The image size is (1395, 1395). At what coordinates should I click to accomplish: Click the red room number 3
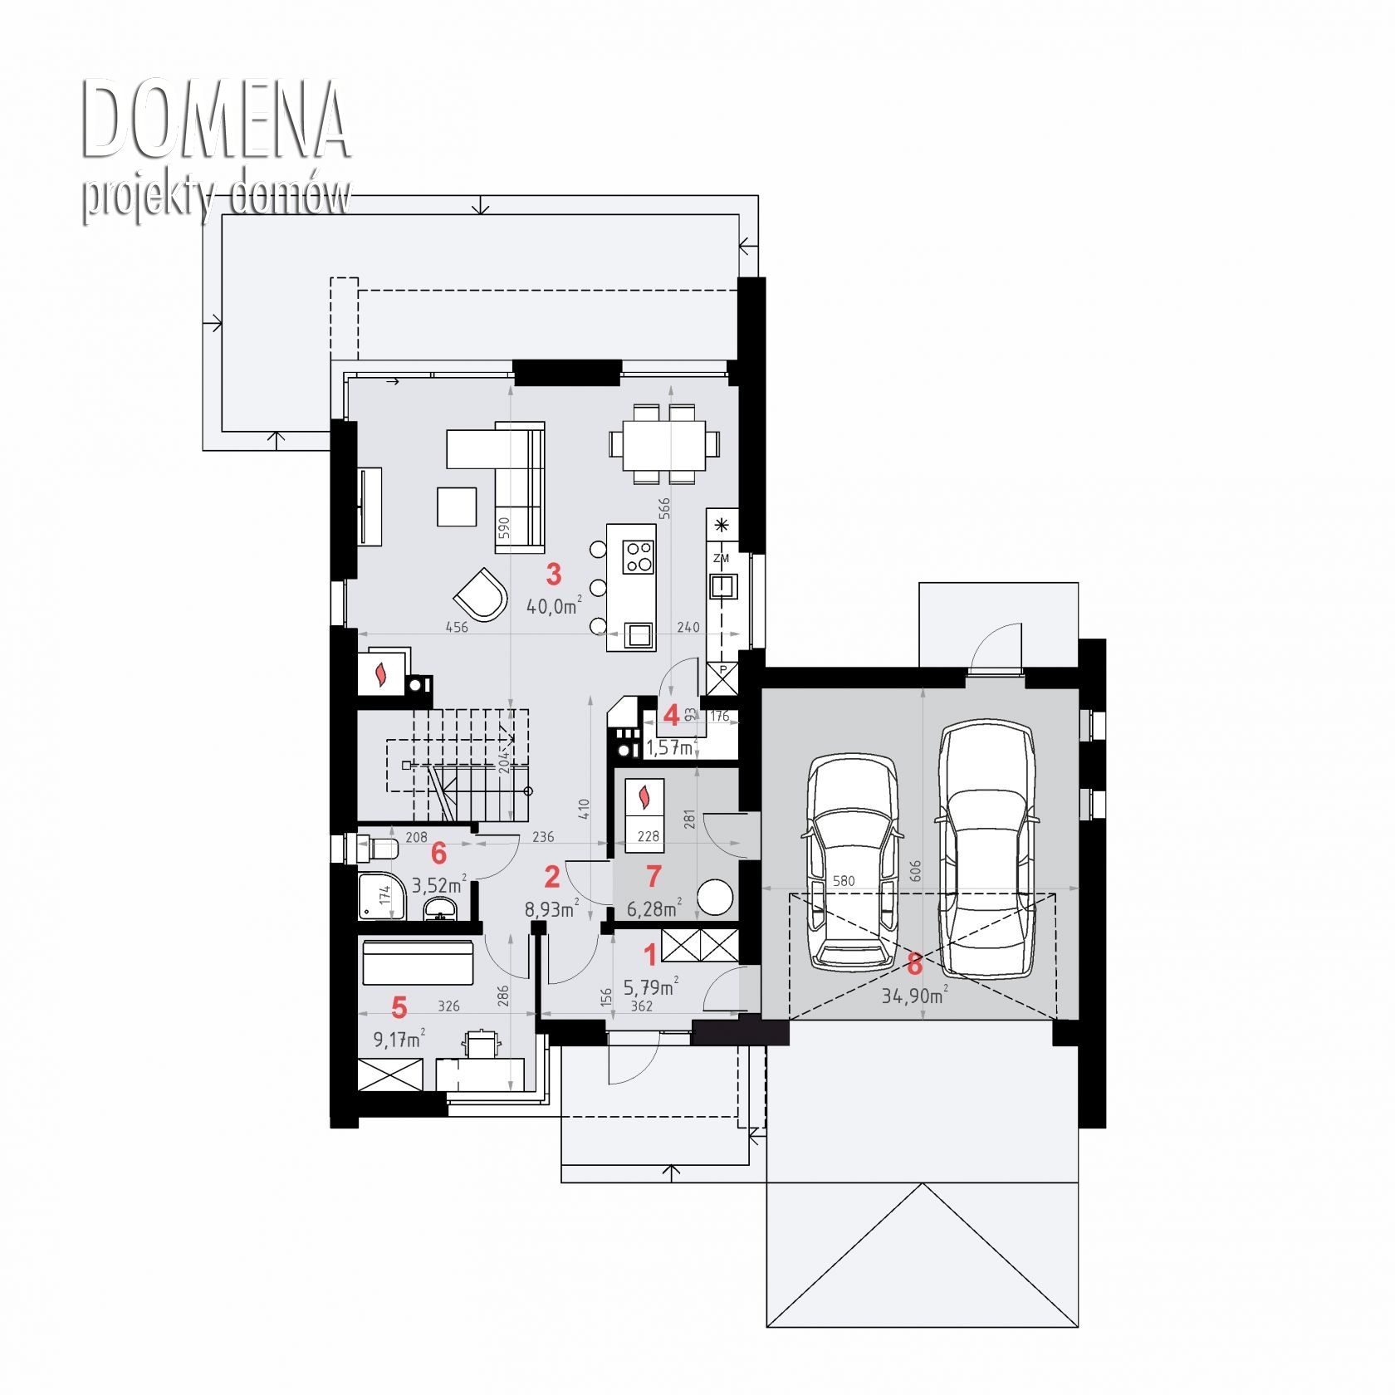pyautogui.click(x=554, y=574)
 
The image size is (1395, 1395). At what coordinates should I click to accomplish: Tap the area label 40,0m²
pyautogui.click(x=554, y=605)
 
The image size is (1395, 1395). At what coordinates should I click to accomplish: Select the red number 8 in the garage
pyautogui.click(x=914, y=964)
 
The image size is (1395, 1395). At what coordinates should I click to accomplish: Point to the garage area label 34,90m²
pyautogui.click(x=914, y=994)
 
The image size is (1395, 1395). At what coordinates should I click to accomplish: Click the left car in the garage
pyautogui.click(x=853, y=862)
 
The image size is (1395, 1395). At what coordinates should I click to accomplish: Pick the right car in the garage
pyautogui.click(x=987, y=848)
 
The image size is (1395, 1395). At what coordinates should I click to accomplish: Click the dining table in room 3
pyautogui.click(x=664, y=444)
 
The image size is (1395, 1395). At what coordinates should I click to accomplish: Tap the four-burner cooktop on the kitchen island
pyautogui.click(x=639, y=556)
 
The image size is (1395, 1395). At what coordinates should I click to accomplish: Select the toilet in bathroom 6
pyautogui.click(x=375, y=849)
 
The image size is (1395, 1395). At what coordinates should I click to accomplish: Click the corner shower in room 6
pyautogui.click(x=383, y=895)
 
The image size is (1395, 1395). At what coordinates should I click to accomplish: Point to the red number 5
pyautogui.click(x=399, y=1007)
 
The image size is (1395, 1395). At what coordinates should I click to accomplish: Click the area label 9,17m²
pyautogui.click(x=399, y=1038)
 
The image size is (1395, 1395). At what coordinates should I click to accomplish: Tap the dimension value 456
pyautogui.click(x=457, y=627)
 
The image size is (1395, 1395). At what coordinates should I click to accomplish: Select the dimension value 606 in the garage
pyautogui.click(x=915, y=870)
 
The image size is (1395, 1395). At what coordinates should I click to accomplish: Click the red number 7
pyautogui.click(x=653, y=876)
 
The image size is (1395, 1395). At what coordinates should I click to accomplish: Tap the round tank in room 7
pyautogui.click(x=715, y=898)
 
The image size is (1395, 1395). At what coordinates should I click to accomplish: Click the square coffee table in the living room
pyautogui.click(x=457, y=507)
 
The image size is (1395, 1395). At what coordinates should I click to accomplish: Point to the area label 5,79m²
pyautogui.click(x=650, y=986)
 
